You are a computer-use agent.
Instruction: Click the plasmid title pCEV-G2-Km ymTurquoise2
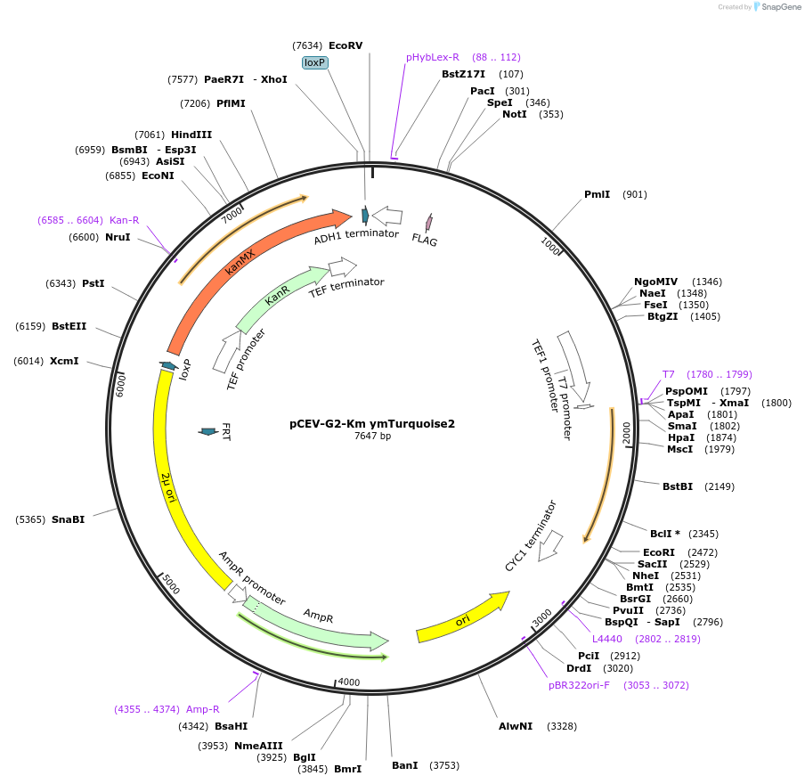[x=372, y=424]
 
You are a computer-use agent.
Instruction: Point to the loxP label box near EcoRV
[x=315, y=62]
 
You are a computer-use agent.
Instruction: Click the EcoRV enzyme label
[x=346, y=45]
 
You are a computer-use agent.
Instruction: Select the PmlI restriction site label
[x=597, y=194]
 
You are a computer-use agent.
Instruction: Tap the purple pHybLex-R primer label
[x=433, y=57]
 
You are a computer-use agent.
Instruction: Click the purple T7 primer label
[x=669, y=374]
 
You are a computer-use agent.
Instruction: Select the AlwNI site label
[x=516, y=726]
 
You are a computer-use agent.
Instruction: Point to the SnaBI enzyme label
[x=69, y=519]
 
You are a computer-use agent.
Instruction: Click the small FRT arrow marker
[x=208, y=432]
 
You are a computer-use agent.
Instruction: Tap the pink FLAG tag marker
[x=428, y=222]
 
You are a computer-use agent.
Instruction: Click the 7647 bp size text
[x=372, y=437]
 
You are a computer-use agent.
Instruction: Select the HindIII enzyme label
[x=191, y=135]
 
